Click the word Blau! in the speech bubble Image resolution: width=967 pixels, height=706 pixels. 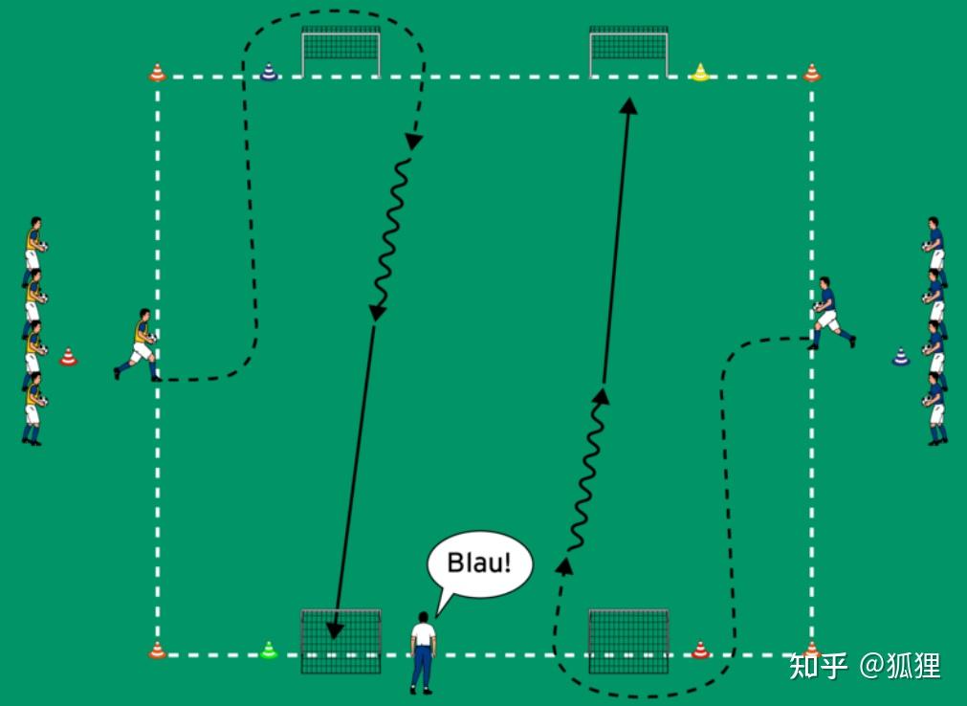coord(480,563)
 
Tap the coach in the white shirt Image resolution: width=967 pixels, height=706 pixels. coord(422,651)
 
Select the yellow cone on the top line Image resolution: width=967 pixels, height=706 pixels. coord(701,72)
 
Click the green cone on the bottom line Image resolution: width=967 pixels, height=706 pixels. coord(269,651)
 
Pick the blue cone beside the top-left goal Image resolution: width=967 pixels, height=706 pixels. coord(270,71)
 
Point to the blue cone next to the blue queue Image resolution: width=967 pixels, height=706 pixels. coord(900,357)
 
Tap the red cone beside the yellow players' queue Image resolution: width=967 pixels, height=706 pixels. coord(68,357)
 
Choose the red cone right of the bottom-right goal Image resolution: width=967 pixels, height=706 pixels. coord(701,651)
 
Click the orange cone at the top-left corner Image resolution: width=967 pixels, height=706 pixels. coord(157,72)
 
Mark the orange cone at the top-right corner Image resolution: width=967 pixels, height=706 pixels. coord(812,72)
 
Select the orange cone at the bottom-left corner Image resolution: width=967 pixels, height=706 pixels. coord(157,651)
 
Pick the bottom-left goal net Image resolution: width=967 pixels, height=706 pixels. coord(341,641)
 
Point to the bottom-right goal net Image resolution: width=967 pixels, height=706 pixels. coord(628,641)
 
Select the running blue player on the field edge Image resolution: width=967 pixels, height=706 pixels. coord(829,313)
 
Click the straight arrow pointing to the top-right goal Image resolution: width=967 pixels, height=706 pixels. coord(617,239)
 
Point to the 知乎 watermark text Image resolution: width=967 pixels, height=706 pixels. coord(818,665)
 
